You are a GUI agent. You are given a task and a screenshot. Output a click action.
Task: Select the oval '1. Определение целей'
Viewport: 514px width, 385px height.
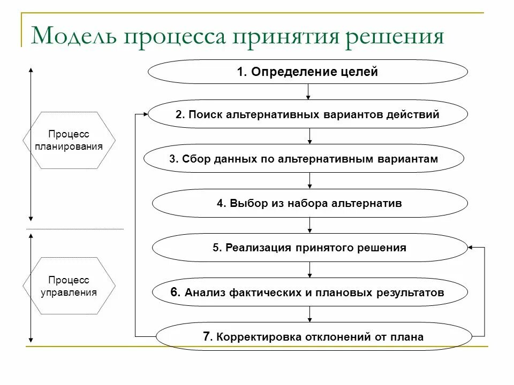point(307,72)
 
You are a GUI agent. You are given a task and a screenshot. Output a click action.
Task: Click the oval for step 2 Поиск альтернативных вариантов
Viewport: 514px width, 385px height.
point(307,114)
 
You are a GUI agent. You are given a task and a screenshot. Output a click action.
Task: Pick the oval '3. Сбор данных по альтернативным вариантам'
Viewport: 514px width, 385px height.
point(304,159)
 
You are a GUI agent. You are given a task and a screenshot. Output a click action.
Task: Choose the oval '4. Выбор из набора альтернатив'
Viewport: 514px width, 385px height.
point(309,203)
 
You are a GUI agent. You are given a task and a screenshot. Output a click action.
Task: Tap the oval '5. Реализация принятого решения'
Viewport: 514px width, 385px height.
point(309,248)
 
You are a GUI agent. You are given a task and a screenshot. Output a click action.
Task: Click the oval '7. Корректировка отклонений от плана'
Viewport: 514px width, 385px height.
point(313,337)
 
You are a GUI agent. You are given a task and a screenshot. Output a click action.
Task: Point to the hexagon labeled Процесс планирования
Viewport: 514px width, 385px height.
point(69,140)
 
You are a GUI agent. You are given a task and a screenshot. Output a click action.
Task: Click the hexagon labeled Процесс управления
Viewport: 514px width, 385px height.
point(69,286)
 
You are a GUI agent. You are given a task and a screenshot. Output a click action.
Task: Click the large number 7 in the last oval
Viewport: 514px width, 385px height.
point(206,336)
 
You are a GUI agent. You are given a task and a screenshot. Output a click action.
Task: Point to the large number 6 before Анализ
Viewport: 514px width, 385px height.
point(175,292)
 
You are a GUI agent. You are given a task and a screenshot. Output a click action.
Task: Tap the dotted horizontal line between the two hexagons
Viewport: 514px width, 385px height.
point(75,229)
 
